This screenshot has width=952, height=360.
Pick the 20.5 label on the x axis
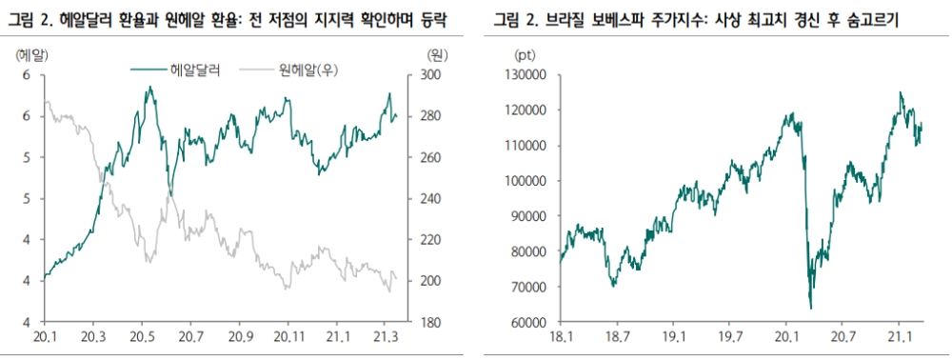coord(142,338)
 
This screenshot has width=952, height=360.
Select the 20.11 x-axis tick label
coord(289,338)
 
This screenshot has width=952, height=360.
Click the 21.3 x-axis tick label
coord(388,338)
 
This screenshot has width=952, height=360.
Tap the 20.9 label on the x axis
coord(240,338)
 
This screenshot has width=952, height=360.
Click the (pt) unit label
coord(525,55)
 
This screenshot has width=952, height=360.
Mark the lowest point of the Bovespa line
coord(810,309)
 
